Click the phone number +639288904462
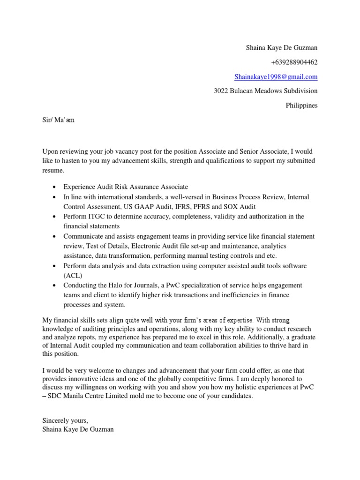coord(294,62)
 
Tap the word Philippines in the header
coord(301,105)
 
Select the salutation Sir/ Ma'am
coord(58,120)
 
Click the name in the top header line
coord(282,47)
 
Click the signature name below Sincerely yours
coord(78,429)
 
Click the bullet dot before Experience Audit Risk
coord(55,187)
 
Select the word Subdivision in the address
coord(300,91)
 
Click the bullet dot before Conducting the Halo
coord(55,286)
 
